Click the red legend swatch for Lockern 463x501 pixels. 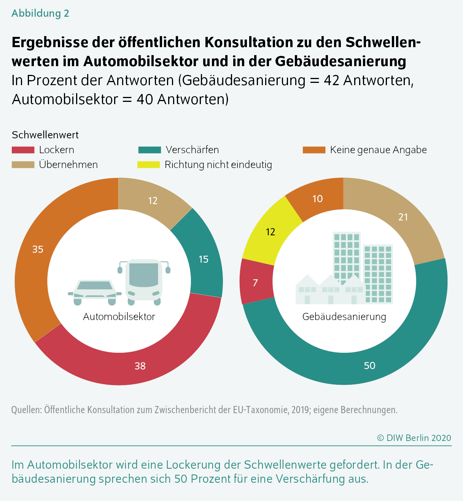23,150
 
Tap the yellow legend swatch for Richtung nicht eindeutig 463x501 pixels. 148,165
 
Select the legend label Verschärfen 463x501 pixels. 192,150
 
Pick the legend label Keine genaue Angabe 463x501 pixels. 378,150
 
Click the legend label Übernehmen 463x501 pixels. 68,165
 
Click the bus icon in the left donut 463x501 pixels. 144,281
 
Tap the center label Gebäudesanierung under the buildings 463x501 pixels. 344,317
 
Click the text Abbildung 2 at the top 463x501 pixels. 40,13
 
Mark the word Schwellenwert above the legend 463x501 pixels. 45,135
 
